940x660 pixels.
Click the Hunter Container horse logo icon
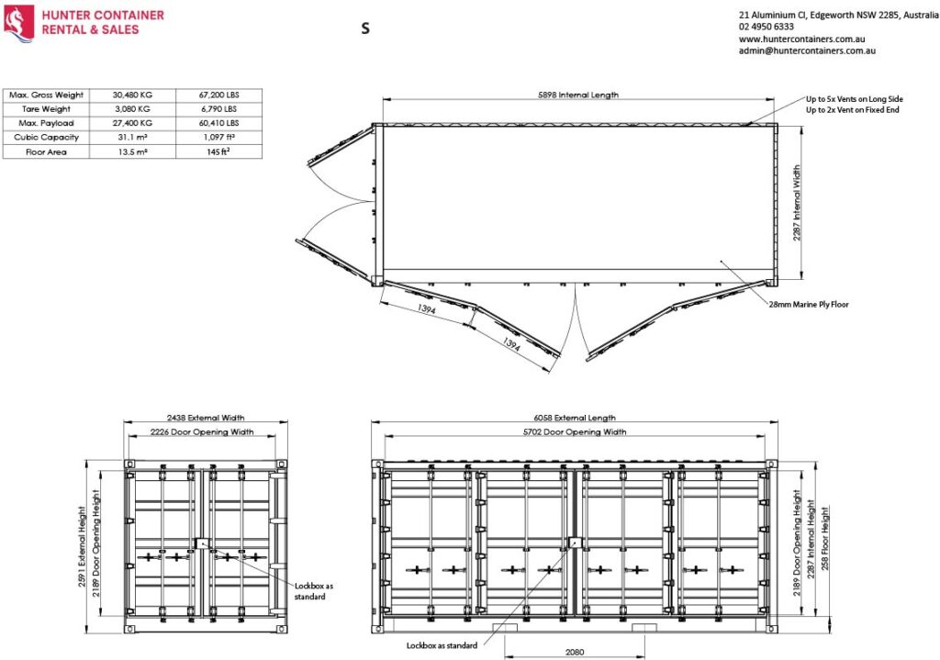[x=19, y=22]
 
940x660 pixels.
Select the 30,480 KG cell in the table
[x=131, y=95]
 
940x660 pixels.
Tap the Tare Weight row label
[x=46, y=108]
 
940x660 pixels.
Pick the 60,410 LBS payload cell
[x=218, y=123]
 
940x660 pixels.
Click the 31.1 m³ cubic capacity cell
[x=131, y=137]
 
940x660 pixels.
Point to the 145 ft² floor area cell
[x=218, y=151]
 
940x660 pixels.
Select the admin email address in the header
[x=807, y=51]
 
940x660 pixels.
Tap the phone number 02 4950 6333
[x=766, y=28]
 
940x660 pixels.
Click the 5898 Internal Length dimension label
[x=577, y=95]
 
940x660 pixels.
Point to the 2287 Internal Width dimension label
[x=796, y=202]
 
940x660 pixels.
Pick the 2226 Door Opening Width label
[x=203, y=431]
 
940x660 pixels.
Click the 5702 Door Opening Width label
[x=576, y=431]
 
